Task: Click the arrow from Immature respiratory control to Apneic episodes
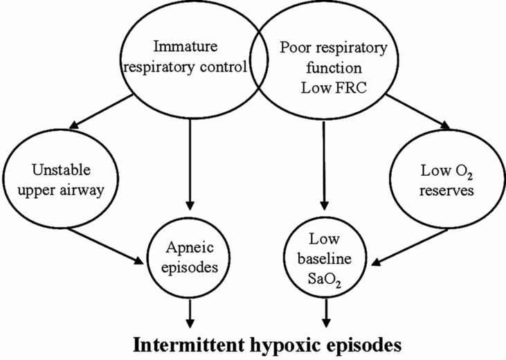pos(189,159)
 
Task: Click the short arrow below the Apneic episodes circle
pos(189,312)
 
